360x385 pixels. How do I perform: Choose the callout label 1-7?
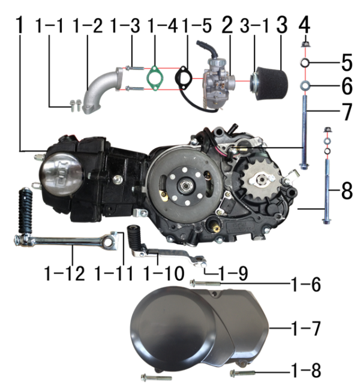point(305,329)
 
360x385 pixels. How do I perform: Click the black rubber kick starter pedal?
point(26,210)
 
